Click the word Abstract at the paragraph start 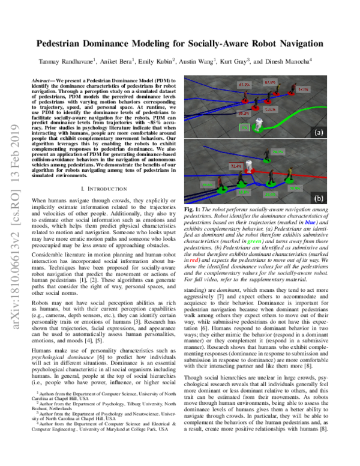pyautogui.click(x=46, y=80)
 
